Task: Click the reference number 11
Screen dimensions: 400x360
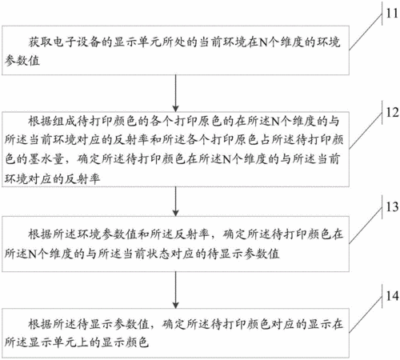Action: point(392,14)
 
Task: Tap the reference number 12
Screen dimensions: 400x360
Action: point(392,112)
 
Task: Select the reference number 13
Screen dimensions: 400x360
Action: point(392,206)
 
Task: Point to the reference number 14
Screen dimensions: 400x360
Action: point(392,296)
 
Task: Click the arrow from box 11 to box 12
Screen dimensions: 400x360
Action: point(175,94)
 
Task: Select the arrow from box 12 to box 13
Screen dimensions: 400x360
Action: point(175,202)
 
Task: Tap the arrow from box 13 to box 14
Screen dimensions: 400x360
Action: point(175,290)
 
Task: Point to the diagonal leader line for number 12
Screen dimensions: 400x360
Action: point(366,130)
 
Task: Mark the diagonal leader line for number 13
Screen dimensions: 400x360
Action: point(366,225)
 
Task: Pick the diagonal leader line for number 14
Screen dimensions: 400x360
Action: point(366,314)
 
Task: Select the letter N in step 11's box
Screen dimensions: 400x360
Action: point(263,42)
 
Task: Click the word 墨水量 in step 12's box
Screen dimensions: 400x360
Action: point(46,159)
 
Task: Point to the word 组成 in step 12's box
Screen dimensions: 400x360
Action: point(64,121)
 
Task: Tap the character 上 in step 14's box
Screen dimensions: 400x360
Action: point(82,342)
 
